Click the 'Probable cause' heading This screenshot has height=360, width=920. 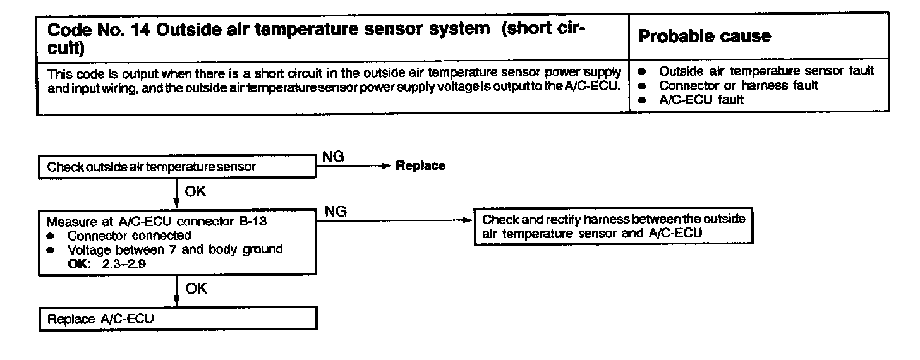(x=705, y=37)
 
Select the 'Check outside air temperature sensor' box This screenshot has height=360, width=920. (x=178, y=167)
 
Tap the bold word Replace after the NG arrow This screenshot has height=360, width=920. (x=420, y=166)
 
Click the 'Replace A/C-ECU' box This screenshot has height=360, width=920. (x=178, y=319)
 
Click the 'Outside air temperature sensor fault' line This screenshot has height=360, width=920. (x=766, y=71)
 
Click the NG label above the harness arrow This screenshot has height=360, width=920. (x=336, y=212)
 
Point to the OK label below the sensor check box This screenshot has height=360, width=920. (x=195, y=191)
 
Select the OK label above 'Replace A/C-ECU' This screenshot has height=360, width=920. (x=195, y=289)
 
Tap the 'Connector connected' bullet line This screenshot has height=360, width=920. (x=130, y=236)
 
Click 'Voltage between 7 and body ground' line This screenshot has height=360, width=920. (x=175, y=249)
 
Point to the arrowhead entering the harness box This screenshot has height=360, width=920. (x=468, y=220)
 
